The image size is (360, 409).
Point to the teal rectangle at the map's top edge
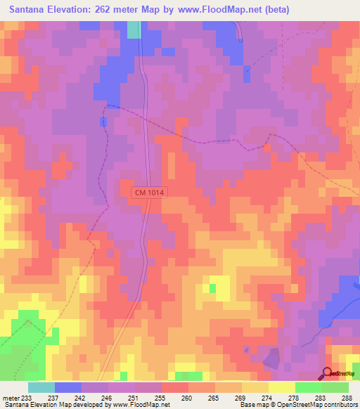pyautogui.click(x=134, y=30)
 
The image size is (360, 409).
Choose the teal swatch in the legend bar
pyautogui.click(x=41, y=387)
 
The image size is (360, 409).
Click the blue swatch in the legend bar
pyautogui.click(x=67, y=387)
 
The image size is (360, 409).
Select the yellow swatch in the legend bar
pyautogui.click(x=281, y=387)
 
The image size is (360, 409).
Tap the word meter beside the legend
pyautogui.click(x=11, y=398)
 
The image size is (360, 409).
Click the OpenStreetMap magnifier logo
pyautogui.click(x=328, y=373)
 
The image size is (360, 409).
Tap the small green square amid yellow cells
pyautogui.click(x=212, y=288)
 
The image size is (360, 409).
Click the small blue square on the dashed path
pyautogui.click(x=103, y=122)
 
